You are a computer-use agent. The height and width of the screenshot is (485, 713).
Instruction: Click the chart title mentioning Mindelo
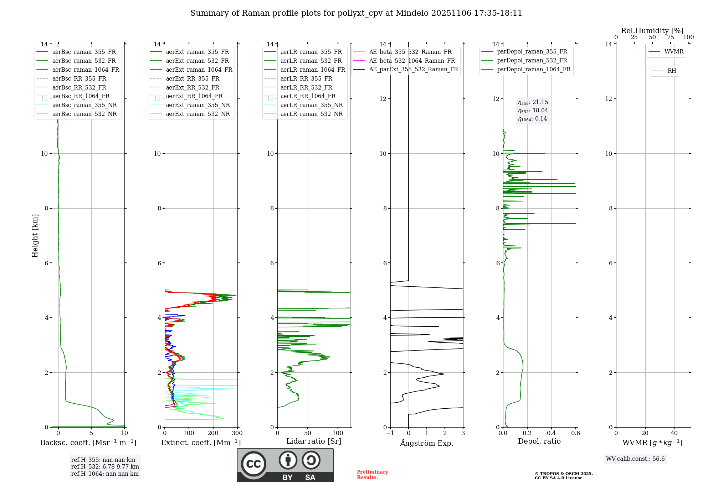click(x=356, y=13)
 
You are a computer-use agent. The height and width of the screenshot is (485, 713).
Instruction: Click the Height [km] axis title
click(x=35, y=236)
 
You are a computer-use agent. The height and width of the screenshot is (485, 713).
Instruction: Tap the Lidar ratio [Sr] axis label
click(x=314, y=441)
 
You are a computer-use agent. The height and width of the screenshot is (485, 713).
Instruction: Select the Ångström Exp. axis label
click(x=427, y=443)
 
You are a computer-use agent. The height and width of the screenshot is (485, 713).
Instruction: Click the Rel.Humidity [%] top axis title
click(x=652, y=31)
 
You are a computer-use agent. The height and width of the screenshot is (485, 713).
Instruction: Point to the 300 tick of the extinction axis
click(x=237, y=433)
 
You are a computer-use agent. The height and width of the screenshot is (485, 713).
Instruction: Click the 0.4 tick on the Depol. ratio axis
click(x=552, y=433)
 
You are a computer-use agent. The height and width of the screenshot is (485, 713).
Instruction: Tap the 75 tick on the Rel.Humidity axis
click(x=671, y=37)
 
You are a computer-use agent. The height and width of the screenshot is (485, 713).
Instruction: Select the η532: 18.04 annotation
click(x=533, y=111)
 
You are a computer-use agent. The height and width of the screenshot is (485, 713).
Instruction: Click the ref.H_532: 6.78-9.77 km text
click(x=105, y=467)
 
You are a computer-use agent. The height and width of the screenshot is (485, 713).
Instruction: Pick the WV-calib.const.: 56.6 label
click(x=635, y=459)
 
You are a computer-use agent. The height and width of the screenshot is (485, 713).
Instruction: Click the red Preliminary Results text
click(x=372, y=475)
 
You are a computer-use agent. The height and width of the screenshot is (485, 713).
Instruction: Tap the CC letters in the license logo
click(x=253, y=464)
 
